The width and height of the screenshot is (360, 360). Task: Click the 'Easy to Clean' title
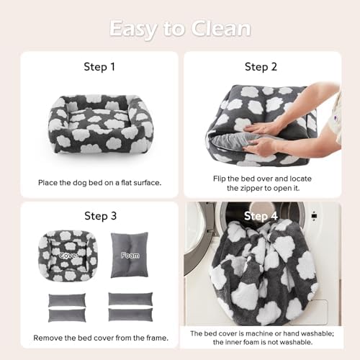180,28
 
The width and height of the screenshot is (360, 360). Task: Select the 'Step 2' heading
261,67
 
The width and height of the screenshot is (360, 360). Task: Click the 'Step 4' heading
261,215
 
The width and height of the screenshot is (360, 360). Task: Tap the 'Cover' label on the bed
68,254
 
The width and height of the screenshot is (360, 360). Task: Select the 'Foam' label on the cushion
130,254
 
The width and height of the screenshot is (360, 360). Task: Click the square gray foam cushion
130,255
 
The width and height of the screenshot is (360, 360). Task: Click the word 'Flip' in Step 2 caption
203,177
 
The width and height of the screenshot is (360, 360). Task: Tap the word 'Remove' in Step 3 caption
47,337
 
